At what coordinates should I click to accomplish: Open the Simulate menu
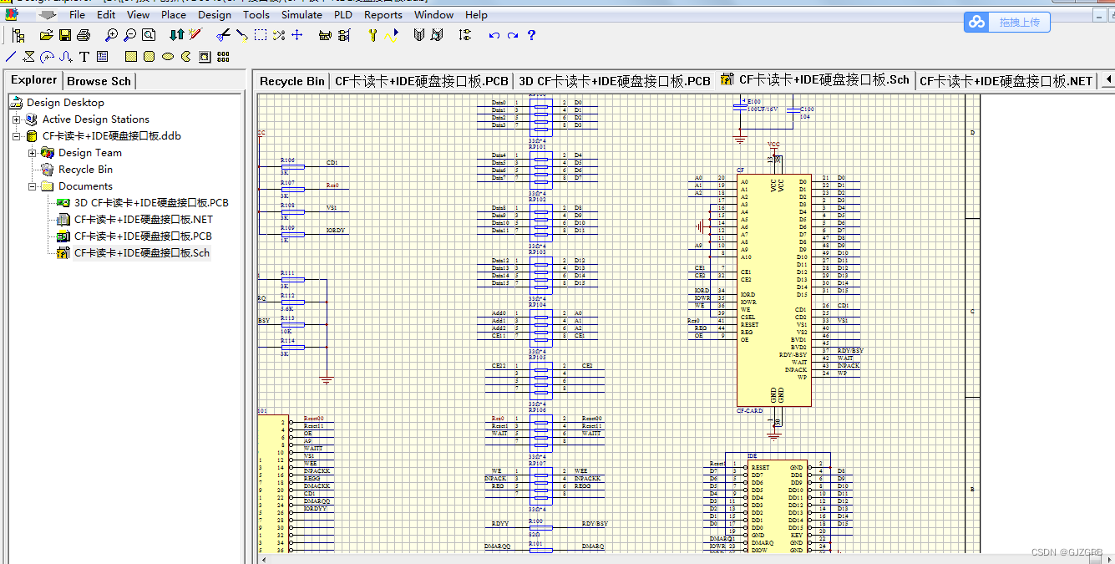[302, 14]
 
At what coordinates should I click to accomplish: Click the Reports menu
[383, 14]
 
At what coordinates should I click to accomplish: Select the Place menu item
[174, 14]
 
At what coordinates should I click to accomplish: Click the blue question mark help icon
[531, 35]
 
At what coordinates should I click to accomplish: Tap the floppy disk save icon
[64, 35]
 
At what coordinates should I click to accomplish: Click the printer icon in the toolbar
[84, 35]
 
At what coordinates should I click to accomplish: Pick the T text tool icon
[84, 57]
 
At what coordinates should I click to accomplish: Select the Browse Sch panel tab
[99, 81]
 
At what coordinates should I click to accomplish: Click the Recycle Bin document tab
[291, 81]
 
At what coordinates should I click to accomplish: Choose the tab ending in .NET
[1006, 81]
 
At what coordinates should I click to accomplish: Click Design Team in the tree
[89, 153]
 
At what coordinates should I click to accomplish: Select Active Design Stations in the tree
[95, 119]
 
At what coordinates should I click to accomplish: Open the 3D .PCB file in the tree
[150, 203]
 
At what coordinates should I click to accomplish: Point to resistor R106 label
[287, 159]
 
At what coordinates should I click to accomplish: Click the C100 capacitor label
[806, 109]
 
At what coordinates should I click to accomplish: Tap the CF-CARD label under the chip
[749, 411]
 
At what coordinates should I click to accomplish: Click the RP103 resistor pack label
[537, 252]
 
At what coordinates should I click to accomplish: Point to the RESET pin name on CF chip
[749, 324]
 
